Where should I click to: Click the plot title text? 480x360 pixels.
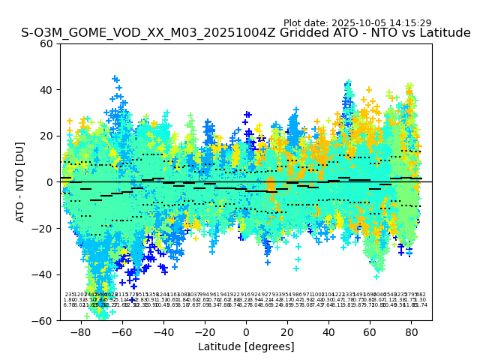click(246, 33)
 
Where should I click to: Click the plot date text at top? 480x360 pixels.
click(357, 23)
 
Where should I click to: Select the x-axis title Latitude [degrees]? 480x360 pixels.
click(246, 346)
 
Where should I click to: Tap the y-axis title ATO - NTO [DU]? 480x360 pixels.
click(20, 181)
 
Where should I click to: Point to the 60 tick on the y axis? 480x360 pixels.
click(46, 43)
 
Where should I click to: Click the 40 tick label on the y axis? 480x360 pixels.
click(46, 90)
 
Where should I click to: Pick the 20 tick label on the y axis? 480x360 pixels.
click(46, 136)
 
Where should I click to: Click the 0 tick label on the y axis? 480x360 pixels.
click(49, 182)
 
